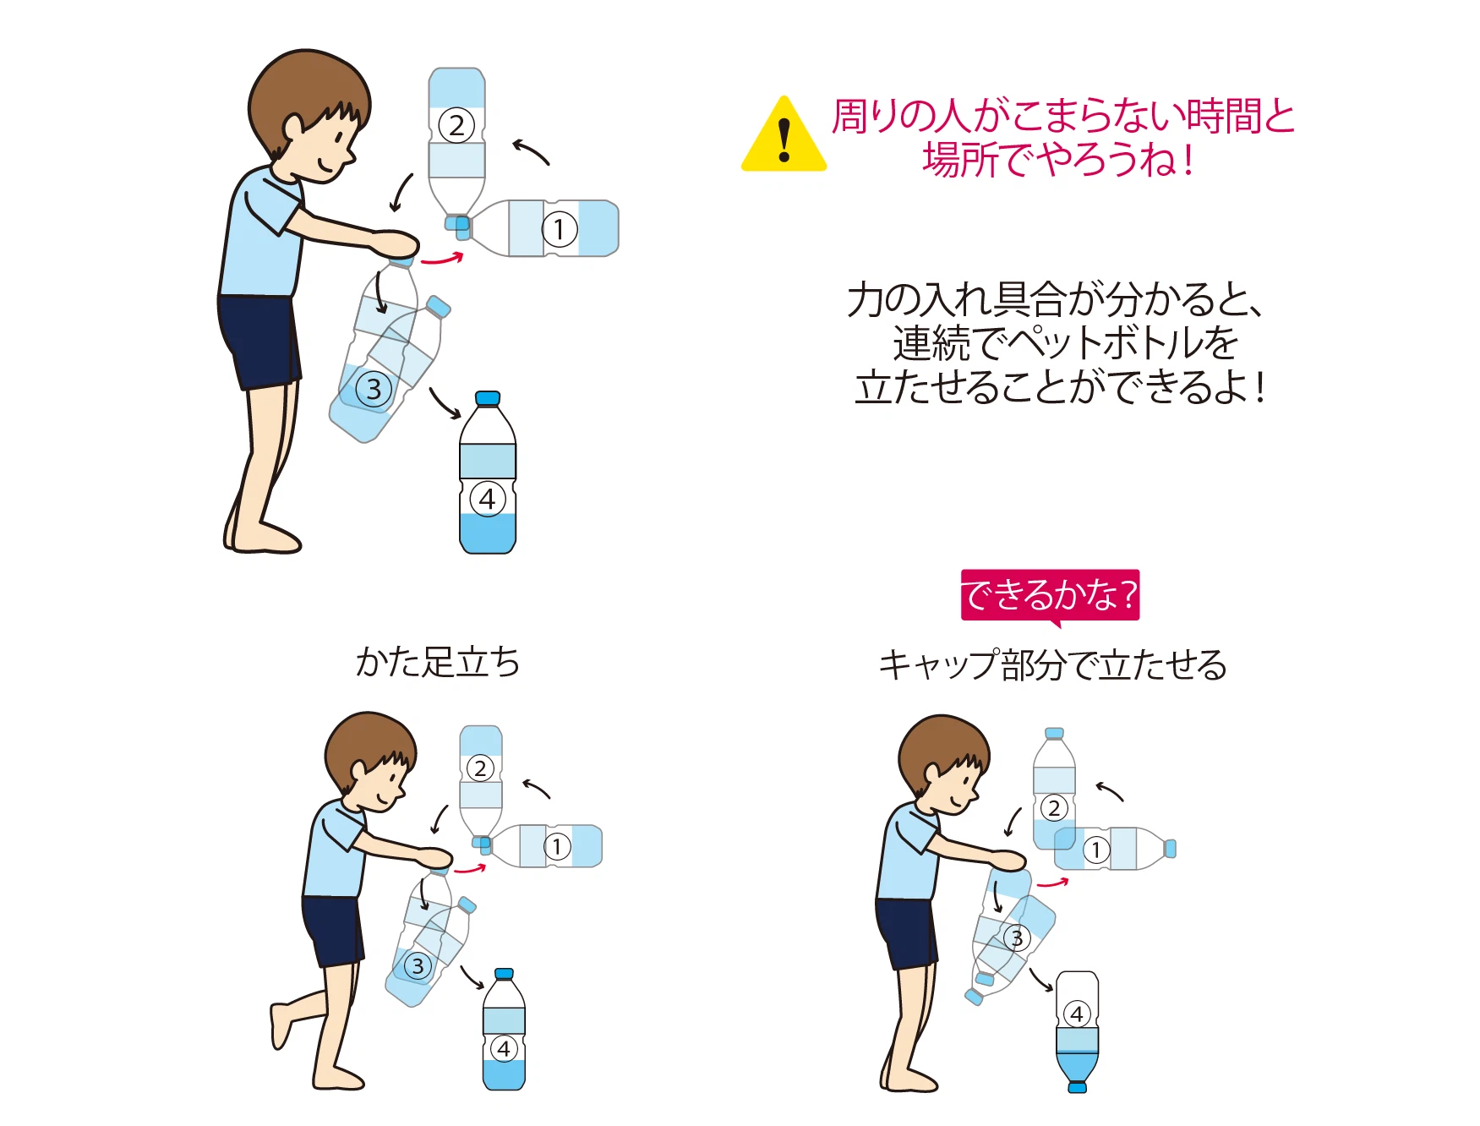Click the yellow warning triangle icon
click(784, 135)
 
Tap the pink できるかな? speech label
click(1050, 596)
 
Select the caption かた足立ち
click(437, 662)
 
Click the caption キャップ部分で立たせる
click(1052, 664)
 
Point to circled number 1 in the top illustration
click(559, 229)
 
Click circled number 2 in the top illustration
click(456, 126)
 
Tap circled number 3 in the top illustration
click(374, 390)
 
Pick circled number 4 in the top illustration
click(488, 499)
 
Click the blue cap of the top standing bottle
click(488, 398)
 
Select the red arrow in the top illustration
click(442, 259)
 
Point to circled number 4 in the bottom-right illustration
click(1077, 1014)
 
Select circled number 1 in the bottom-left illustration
click(556, 846)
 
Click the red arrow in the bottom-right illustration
click(1053, 883)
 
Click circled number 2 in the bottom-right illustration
click(1053, 807)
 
